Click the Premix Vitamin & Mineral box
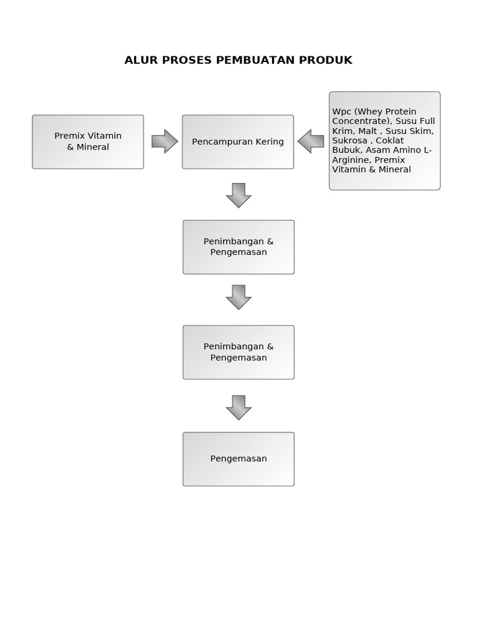(x=88, y=141)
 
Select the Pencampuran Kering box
(x=238, y=141)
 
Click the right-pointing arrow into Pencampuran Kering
(x=165, y=141)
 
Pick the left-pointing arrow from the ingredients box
(x=311, y=141)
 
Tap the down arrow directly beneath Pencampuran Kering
(x=238, y=195)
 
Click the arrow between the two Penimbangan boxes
(x=238, y=297)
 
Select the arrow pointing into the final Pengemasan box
(x=238, y=407)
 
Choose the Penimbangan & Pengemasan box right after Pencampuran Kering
(x=238, y=247)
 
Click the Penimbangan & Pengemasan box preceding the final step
(x=238, y=352)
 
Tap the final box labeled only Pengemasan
(x=238, y=459)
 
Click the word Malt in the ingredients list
(x=368, y=131)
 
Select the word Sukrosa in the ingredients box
(x=350, y=141)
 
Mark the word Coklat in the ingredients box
(x=389, y=141)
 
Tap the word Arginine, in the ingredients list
(x=352, y=160)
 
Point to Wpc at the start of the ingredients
(x=342, y=112)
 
